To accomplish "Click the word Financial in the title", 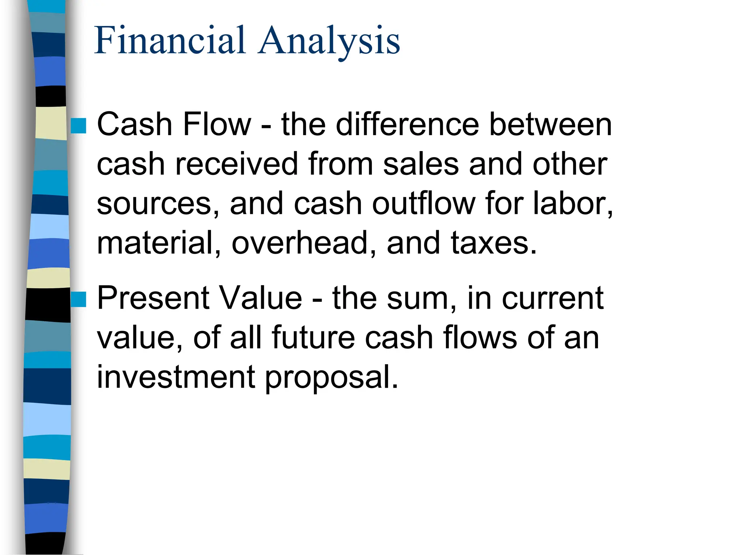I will [x=170, y=40].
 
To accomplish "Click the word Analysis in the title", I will [x=329, y=41].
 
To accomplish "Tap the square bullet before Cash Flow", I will [x=78, y=126].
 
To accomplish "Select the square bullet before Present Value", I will [x=78, y=299].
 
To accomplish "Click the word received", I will [x=236, y=164].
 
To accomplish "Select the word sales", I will [x=421, y=164].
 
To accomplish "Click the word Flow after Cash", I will [x=217, y=125].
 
